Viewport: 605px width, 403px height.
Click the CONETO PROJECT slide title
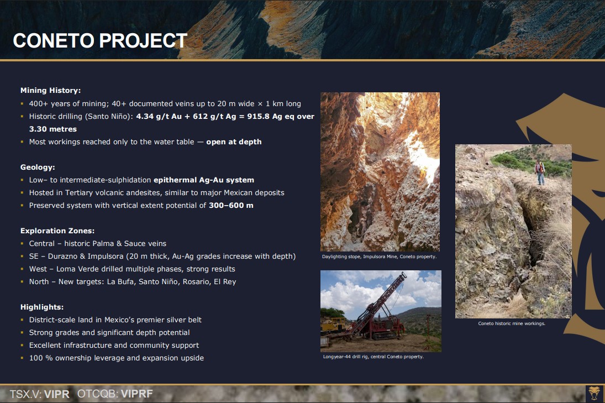pos(100,40)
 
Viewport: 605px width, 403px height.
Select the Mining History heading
pos(50,90)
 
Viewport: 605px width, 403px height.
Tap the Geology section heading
pos(38,167)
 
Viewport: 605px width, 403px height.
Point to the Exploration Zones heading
pos(57,231)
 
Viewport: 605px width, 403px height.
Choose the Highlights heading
pos(42,307)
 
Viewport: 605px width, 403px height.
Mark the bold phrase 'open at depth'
pos(234,142)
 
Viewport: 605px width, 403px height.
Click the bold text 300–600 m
pos(231,205)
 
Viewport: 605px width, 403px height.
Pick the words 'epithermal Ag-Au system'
pos(204,180)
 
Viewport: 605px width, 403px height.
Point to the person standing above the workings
pos(539,172)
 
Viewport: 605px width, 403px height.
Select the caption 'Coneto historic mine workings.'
pos(512,323)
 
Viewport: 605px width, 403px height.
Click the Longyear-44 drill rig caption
pos(373,357)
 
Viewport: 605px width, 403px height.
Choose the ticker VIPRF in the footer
pos(137,394)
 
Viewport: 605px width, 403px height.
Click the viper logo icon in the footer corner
pos(594,394)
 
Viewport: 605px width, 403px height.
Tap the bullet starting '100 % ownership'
pos(116,358)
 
